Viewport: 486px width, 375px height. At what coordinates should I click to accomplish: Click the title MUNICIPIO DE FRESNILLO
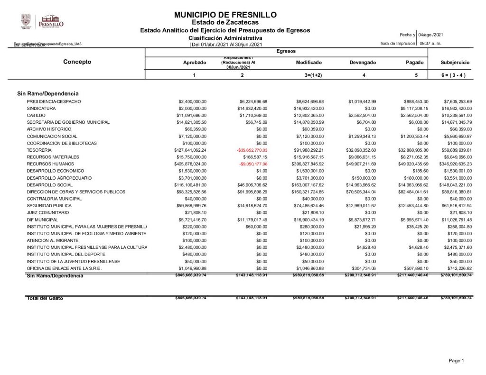pos(225,15)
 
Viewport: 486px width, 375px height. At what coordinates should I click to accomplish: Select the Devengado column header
pos(363,63)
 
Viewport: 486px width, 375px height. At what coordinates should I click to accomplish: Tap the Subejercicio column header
pos(455,63)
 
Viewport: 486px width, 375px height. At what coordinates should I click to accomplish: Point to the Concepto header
pos(77,62)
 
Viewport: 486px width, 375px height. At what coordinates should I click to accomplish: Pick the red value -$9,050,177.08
pos(253,164)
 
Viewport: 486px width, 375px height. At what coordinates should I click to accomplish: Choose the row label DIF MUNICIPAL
pos(42,220)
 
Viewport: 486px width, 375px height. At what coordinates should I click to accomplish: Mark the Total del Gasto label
pos(45,298)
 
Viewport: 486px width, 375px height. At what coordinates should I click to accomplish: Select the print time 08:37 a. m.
pos(430,44)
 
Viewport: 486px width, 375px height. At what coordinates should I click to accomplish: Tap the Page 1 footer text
pos(456,361)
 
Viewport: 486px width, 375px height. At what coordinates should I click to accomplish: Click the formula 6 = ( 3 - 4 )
pos(455,75)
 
